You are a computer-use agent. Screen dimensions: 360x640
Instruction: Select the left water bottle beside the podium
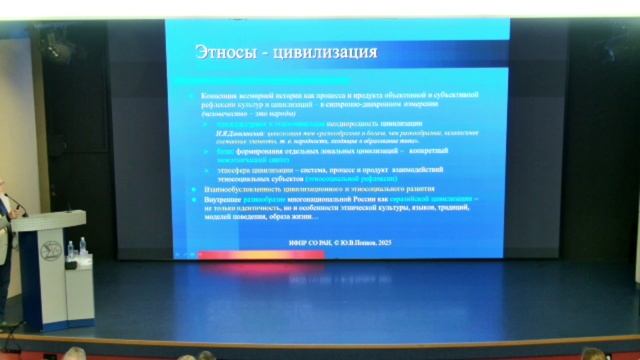tap(70, 248)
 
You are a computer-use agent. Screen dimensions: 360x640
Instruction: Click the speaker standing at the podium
tap(5, 210)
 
